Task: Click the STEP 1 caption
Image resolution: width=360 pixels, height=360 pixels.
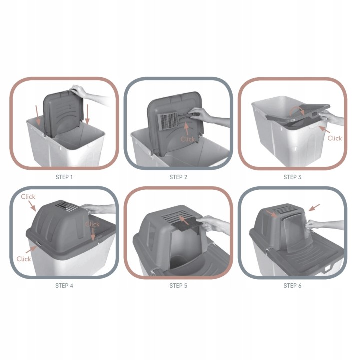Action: click(x=64, y=177)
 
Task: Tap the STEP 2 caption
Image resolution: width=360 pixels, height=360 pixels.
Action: click(x=178, y=177)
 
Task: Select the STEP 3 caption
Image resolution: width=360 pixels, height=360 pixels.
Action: click(x=292, y=177)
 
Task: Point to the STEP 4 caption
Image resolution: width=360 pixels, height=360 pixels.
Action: click(x=64, y=286)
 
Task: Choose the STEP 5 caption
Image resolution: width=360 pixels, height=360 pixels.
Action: click(x=178, y=286)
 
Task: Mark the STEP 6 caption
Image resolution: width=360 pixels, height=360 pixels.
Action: click(x=292, y=286)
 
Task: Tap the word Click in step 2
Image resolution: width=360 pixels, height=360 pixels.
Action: click(x=187, y=139)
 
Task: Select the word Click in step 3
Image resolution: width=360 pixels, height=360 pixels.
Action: click(x=334, y=138)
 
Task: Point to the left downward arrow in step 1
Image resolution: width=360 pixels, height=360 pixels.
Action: click(x=38, y=115)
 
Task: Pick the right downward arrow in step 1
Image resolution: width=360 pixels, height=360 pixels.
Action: click(x=87, y=114)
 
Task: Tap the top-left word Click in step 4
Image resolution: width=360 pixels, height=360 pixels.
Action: click(x=28, y=197)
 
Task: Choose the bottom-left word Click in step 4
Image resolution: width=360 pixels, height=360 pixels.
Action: click(x=24, y=259)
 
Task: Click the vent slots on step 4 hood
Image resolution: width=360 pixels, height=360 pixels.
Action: click(x=67, y=206)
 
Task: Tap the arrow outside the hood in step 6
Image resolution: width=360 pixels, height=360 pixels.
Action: click(x=314, y=208)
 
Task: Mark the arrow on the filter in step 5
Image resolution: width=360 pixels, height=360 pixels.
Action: click(x=184, y=220)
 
